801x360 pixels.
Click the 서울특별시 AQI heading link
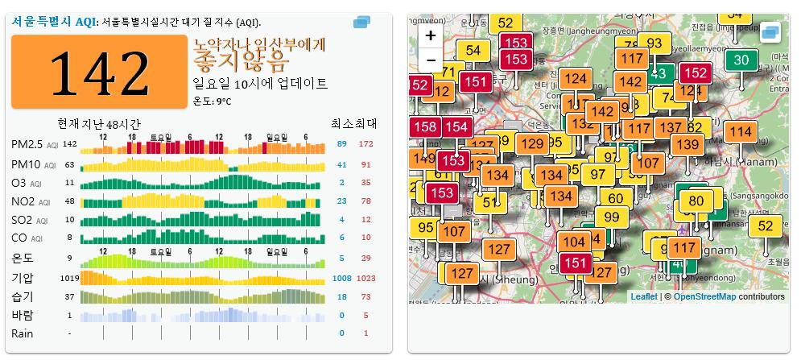[53, 22]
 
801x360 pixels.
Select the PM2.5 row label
[27, 144]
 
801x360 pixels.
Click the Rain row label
[23, 333]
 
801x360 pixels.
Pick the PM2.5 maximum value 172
[366, 144]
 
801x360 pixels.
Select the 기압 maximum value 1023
[366, 278]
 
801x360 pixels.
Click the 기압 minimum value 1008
[341, 278]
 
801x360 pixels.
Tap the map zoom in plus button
[431, 35]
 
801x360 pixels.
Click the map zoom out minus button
[431, 60]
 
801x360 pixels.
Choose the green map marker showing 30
[741, 59]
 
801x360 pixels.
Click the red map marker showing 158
[425, 126]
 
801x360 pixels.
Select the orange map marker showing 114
[740, 132]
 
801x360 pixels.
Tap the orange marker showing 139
[687, 144]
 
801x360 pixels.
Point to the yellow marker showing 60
[616, 198]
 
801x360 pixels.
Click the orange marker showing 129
[532, 143]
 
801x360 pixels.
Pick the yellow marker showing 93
[654, 43]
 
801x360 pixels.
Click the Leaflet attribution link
[643, 296]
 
